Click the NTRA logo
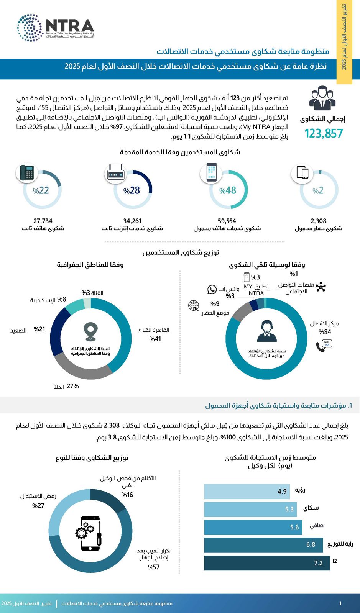[56, 28]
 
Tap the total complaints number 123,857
[324, 133]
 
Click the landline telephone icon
[26, 173]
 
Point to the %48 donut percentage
[228, 190]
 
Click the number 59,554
[227, 221]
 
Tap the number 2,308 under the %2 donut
[319, 221]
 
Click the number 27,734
[43, 221]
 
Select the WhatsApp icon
[212, 290]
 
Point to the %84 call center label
[325, 332]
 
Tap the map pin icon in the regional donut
[90, 332]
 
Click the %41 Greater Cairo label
[155, 339]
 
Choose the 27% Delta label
[73, 386]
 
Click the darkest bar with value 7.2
[267, 563]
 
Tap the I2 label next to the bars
[335, 561]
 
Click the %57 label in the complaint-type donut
[154, 567]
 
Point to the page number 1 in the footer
[340, 603]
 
